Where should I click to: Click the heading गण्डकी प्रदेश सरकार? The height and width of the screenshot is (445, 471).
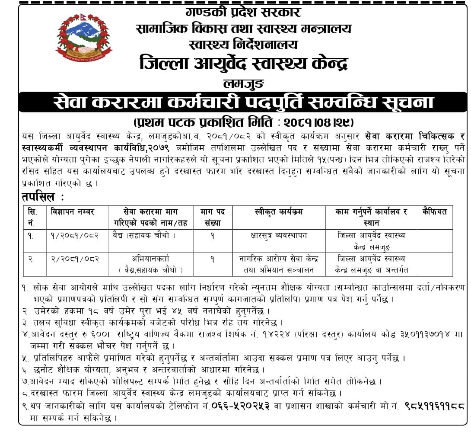(243, 12)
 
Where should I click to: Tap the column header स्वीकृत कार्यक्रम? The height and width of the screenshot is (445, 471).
(279, 212)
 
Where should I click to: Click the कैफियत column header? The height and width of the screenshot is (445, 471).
(435, 212)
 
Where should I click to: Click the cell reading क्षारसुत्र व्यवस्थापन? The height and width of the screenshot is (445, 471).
(279, 236)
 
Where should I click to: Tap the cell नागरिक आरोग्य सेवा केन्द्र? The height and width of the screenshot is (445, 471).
(279, 259)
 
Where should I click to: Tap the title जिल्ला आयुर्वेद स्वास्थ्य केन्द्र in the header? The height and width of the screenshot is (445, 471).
(243, 64)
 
